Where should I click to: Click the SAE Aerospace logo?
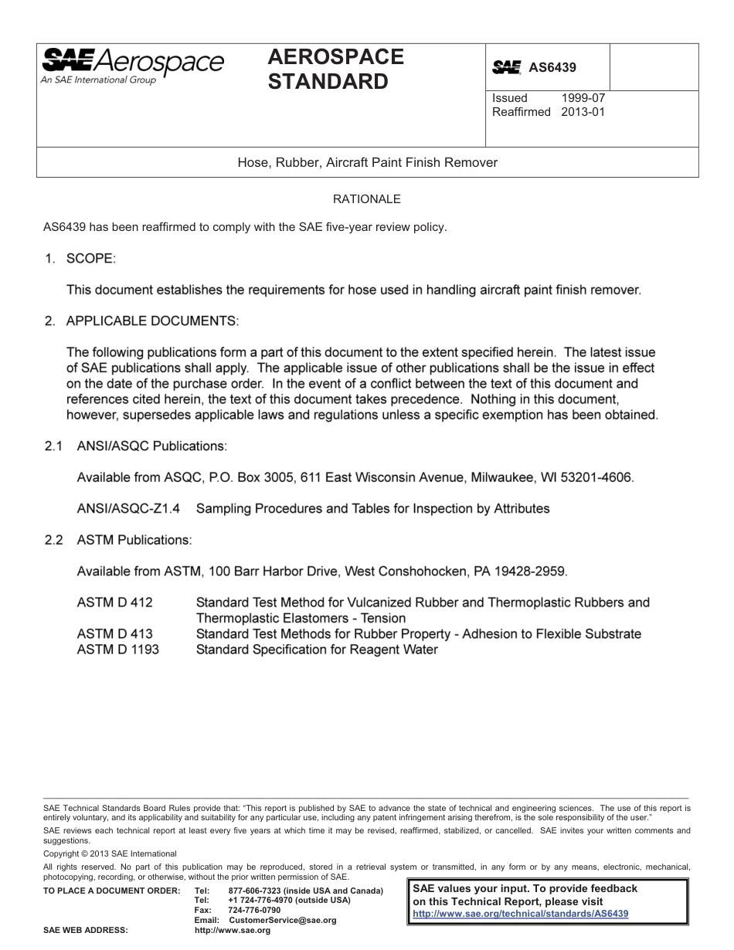click(x=132, y=64)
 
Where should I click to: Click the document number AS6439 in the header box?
click(x=552, y=68)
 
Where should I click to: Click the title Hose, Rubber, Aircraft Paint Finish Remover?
click(x=367, y=163)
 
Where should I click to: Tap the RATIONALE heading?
click(x=367, y=199)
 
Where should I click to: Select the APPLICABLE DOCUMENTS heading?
click(x=152, y=320)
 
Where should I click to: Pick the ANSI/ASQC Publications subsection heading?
click(x=151, y=446)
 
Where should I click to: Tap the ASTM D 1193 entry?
click(x=118, y=650)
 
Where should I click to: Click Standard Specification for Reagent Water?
click(x=317, y=650)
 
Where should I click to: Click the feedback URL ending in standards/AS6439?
click(x=521, y=914)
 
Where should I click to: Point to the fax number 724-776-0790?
click(x=254, y=911)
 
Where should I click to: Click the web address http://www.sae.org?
click(x=233, y=931)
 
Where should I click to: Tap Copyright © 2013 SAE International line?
click(x=110, y=853)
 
